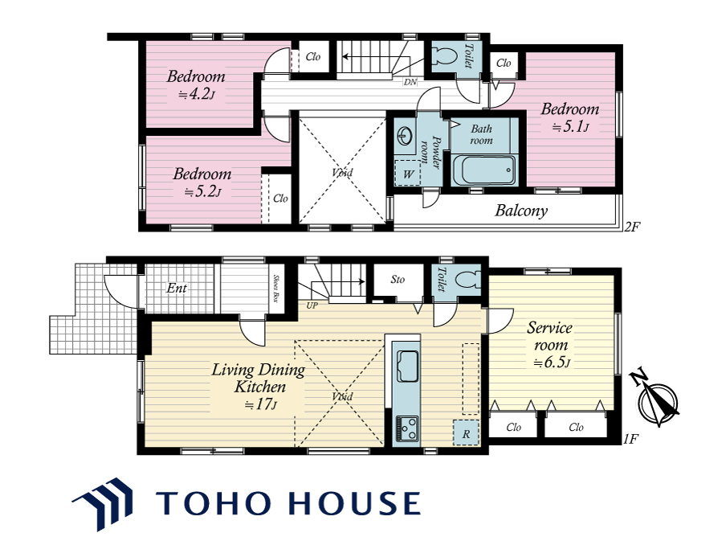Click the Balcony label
pos(521,211)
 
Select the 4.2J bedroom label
pos(196,85)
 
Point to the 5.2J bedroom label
pos(202,182)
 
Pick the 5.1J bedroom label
pos(570,117)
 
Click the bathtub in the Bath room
pos(483,170)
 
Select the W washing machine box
pos(407,174)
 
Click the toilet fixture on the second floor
pos(447,57)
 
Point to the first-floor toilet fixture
pos(467,280)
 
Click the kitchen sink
pos(407,366)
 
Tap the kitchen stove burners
pos(407,428)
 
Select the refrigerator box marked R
pos(467,432)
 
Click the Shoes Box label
pos(276,289)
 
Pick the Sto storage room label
pos(398,280)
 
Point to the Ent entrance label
pos(177,288)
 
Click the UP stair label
pos(312,306)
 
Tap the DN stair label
pos(410,83)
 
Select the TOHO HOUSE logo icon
pos(103,503)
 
